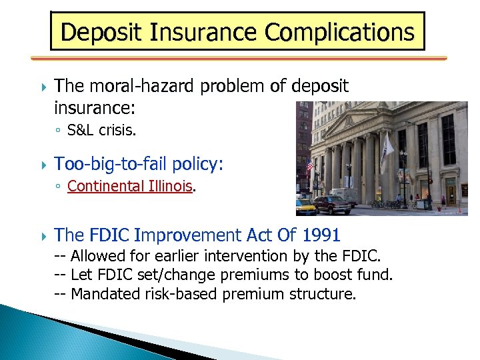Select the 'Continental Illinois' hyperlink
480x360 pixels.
coord(130,186)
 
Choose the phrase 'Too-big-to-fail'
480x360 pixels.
coord(110,163)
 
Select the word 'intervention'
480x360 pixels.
coord(254,256)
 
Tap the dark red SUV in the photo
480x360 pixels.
coord(332,203)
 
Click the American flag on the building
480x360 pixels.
coord(309,166)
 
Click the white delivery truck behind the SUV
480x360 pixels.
coord(346,194)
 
